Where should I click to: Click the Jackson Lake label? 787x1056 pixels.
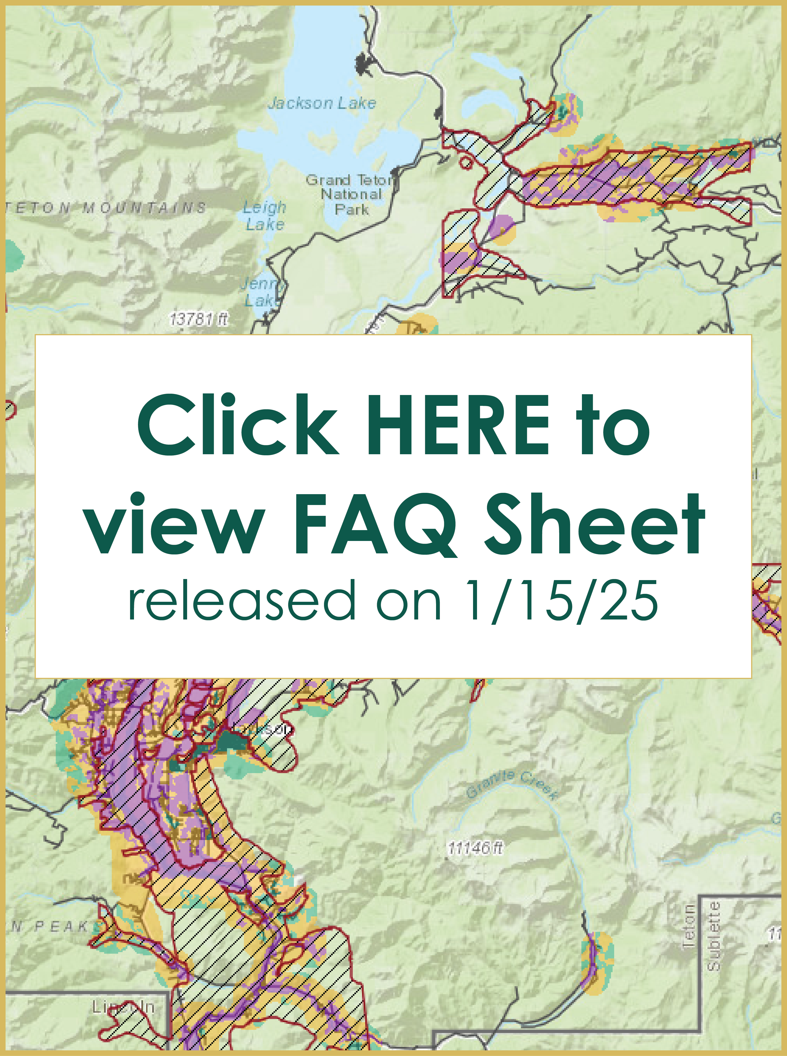click(x=322, y=103)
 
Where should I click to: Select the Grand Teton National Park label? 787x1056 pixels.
click(x=351, y=194)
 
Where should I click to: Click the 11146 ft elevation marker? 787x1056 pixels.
click(x=475, y=848)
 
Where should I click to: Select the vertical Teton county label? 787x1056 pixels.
click(x=689, y=925)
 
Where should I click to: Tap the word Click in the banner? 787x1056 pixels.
click(x=238, y=425)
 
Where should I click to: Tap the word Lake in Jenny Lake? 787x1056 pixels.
click(x=261, y=300)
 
